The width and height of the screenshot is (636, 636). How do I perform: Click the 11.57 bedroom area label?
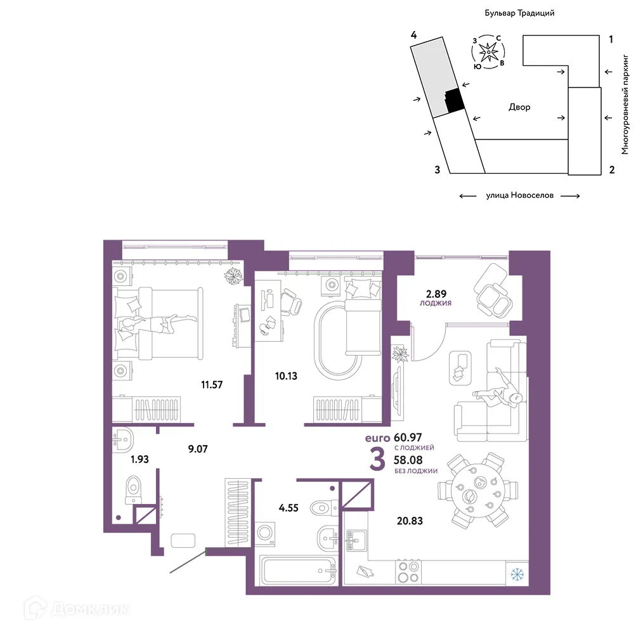[x=212, y=384]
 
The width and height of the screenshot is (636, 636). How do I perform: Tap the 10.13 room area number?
[x=286, y=376]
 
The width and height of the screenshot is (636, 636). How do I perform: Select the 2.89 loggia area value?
[x=436, y=294]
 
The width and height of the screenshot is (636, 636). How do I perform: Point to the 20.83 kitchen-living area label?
[x=410, y=521]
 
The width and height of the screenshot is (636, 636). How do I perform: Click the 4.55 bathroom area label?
[x=289, y=508]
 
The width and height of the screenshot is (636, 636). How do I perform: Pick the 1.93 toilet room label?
[x=140, y=459]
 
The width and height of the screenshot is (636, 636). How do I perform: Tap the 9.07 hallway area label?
[x=198, y=449]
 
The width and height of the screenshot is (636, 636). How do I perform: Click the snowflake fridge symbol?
[x=517, y=574]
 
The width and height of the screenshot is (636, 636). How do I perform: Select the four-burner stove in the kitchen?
[x=408, y=572]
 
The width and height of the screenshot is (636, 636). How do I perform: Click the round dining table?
[x=478, y=491]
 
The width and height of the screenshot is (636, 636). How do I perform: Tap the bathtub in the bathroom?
[x=298, y=571]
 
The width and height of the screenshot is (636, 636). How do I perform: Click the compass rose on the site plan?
[x=488, y=52]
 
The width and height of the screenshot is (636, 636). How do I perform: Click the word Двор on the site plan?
[x=519, y=107]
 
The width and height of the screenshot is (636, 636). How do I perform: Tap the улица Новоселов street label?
[x=519, y=195]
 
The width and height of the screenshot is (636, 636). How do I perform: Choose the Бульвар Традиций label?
[x=519, y=13]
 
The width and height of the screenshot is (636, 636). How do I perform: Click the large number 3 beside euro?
[x=377, y=460]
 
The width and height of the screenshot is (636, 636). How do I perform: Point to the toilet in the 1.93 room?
[x=133, y=490]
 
